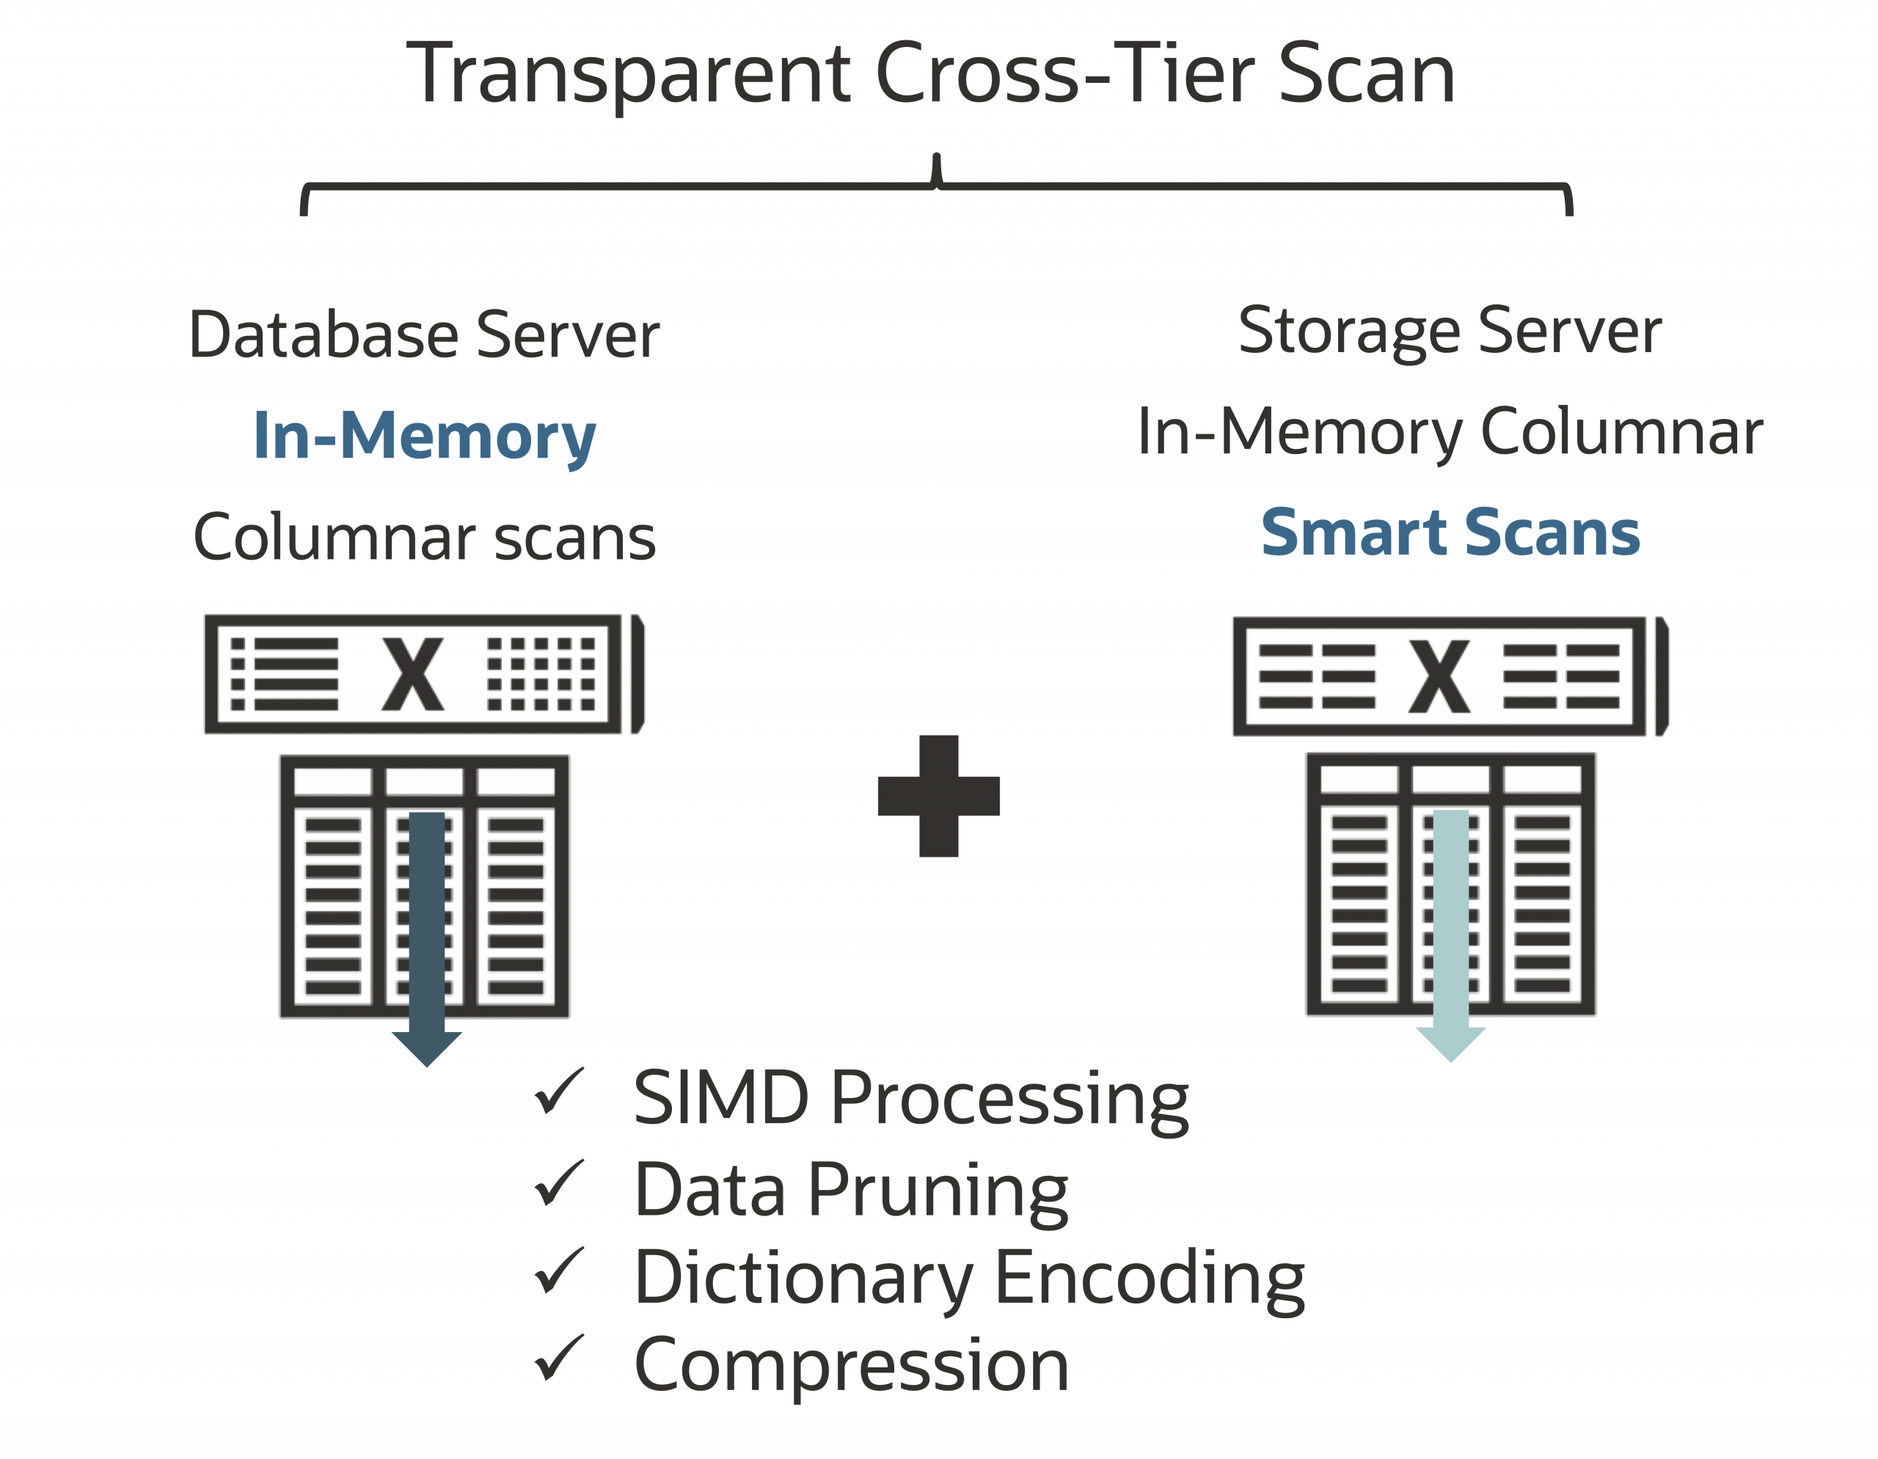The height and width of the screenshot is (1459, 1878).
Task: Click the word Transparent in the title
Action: (629, 76)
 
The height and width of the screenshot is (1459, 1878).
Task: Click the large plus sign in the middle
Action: (938, 795)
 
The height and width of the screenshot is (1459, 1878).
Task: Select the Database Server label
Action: (424, 334)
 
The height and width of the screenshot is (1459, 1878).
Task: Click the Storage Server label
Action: (1450, 331)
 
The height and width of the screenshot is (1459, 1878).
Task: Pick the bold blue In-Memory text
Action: (424, 436)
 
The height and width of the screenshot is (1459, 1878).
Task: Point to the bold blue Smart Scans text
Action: (1450, 533)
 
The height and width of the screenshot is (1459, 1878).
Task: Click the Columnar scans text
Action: (424, 538)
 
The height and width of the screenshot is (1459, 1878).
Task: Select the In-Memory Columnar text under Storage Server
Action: (1450, 431)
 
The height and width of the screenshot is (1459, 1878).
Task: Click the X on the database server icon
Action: (413, 674)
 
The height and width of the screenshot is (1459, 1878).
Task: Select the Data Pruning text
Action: (850, 1190)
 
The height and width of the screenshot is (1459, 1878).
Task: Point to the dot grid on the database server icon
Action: (541, 674)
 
